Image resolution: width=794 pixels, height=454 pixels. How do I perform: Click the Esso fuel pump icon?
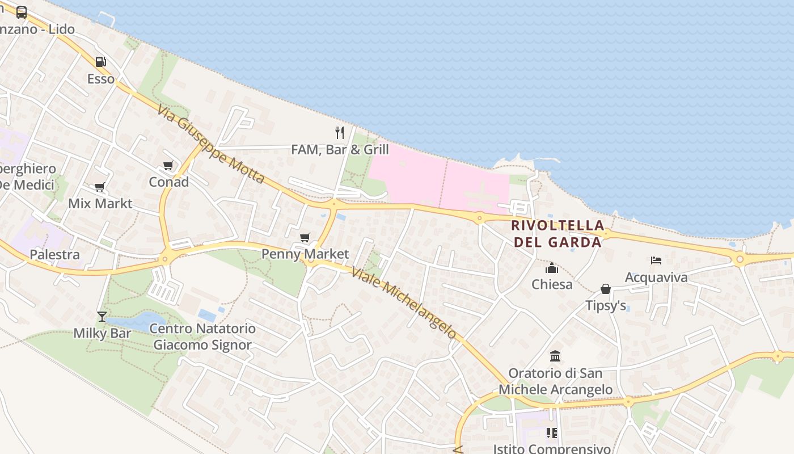100,62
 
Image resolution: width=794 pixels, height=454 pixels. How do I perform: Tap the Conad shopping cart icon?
168,166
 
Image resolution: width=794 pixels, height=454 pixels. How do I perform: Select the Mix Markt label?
100,203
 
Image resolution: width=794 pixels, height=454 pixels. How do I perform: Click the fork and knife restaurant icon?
340,133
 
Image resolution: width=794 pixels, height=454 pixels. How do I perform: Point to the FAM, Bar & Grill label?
340,150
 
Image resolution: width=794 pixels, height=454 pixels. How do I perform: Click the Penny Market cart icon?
305,237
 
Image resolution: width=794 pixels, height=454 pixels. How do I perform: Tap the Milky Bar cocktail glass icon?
102,316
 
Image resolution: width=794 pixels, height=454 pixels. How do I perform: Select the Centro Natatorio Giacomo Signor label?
202,337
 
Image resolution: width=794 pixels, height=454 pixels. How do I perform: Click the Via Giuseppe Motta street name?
211,144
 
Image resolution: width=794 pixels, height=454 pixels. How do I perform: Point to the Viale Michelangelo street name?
404,303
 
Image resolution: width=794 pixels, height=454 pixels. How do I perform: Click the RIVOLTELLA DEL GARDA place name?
556,233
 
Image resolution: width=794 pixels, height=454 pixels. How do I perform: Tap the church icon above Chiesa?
552,268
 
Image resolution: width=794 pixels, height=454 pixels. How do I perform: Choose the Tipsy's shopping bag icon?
606,289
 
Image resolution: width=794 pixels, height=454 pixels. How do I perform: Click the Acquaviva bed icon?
656,260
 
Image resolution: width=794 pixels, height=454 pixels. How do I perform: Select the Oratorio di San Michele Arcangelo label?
555,381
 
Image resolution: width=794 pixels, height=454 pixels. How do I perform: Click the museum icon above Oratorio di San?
555,356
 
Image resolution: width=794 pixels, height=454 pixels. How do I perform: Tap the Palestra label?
54,254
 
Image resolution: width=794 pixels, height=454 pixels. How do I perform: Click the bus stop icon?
22,12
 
